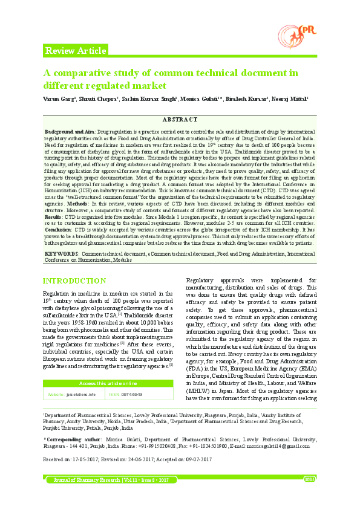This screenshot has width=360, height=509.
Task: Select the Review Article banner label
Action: coord(76,51)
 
